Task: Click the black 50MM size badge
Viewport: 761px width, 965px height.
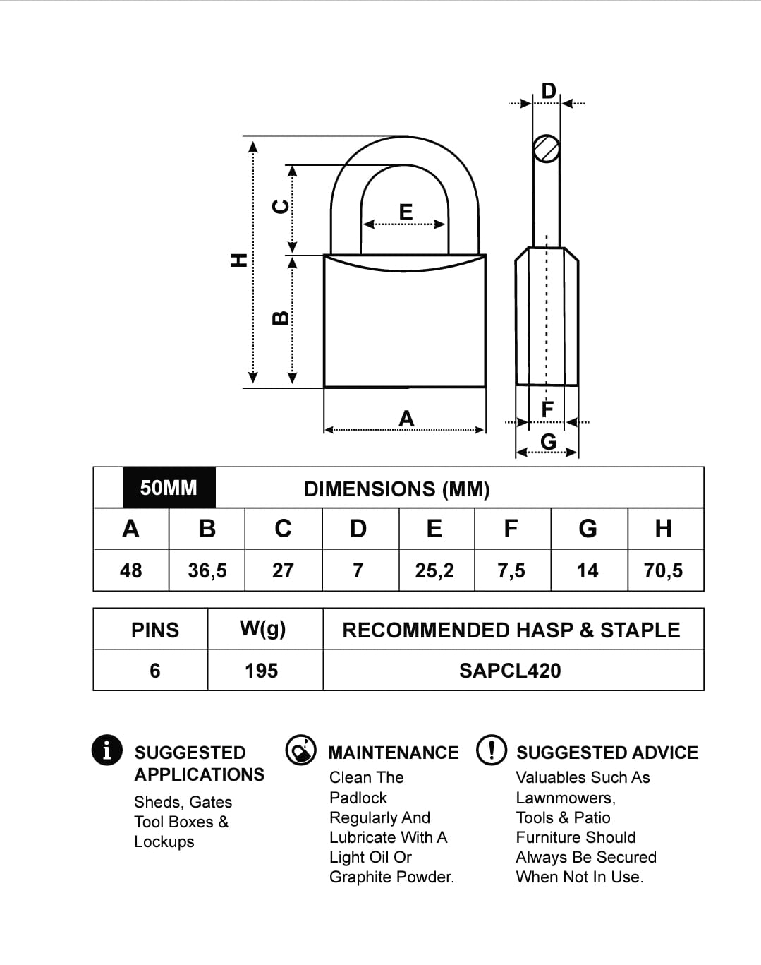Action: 169,488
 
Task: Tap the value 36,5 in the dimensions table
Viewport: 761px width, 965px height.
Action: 207,570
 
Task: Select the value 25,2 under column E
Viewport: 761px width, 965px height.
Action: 434,570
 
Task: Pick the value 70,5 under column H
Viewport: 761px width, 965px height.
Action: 663,570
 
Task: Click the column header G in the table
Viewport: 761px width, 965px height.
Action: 588,529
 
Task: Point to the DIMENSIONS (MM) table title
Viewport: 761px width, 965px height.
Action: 397,489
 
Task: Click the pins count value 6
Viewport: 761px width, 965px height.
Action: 155,671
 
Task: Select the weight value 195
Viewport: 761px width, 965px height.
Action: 262,671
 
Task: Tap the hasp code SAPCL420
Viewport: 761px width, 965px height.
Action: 510,671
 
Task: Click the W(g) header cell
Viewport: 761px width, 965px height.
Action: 262,629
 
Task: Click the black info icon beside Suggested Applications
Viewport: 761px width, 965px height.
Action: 106,750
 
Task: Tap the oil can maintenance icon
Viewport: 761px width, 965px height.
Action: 301,750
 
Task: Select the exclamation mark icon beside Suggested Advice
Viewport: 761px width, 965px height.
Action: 492,750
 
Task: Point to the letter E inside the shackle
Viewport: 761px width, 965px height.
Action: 406,212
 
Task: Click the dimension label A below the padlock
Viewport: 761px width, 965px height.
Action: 406,419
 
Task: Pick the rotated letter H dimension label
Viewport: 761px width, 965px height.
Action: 240,260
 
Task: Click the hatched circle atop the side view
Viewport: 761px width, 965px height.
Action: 546,149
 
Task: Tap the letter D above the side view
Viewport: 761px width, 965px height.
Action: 549,91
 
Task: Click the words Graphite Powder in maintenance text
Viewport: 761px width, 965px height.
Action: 391,877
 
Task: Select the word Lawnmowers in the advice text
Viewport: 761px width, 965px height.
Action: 565,798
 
